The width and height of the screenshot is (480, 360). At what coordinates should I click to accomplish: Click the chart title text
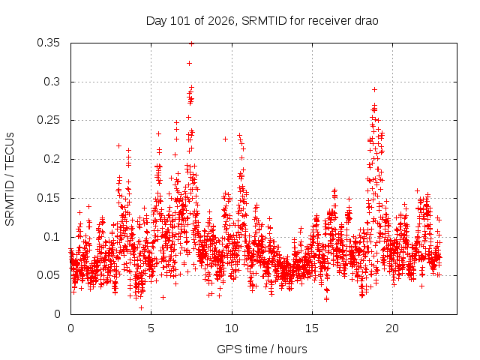pyautogui.click(x=262, y=21)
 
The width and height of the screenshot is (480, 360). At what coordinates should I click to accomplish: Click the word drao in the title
pyautogui.click(x=367, y=21)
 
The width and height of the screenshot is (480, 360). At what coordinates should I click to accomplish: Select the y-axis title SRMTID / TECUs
pyautogui.click(x=10, y=179)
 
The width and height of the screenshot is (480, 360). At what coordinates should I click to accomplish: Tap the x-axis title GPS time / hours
pyautogui.click(x=262, y=349)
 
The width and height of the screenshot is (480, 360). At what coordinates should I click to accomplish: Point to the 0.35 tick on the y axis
pyautogui.click(x=48, y=43)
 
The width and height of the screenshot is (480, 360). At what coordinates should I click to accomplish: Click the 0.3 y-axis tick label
pyautogui.click(x=52, y=82)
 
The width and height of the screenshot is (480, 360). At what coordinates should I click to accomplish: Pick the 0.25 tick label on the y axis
pyautogui.click(x=48, y=120)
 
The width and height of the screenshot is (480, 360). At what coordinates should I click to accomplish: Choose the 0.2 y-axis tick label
pyautogui.click(x=52, y=159)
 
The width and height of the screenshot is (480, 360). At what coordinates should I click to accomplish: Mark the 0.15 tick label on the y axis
pyautogui.click(x=48, y=198)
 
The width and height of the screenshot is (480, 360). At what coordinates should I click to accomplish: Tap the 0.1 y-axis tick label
pyautogui.click(x=52, y=237)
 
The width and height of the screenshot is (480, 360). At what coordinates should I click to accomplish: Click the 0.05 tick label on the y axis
pyautogui.click(x=48, y=275)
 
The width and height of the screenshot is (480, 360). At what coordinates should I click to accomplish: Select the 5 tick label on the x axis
pyautogui.click(x=151, y=328)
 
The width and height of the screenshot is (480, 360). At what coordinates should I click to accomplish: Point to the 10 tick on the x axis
pyautogui.click(x=232, y=328)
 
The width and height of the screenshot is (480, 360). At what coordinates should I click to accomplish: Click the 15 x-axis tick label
pyautogui.click(x=312, y=328)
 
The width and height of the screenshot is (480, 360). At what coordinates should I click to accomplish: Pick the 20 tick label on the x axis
pyautogui.click(x=392, y=328)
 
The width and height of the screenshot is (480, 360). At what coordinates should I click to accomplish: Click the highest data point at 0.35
pyautogui.click(x=192, y=43)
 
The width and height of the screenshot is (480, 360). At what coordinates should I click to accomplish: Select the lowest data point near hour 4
pyautogui.click(x=141, y=307)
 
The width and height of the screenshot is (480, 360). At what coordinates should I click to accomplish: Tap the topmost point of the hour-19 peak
pyautogui.click(x=374, y=90)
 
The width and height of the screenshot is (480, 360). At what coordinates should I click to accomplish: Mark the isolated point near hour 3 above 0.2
pyautogui.click(x=118, y=145)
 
